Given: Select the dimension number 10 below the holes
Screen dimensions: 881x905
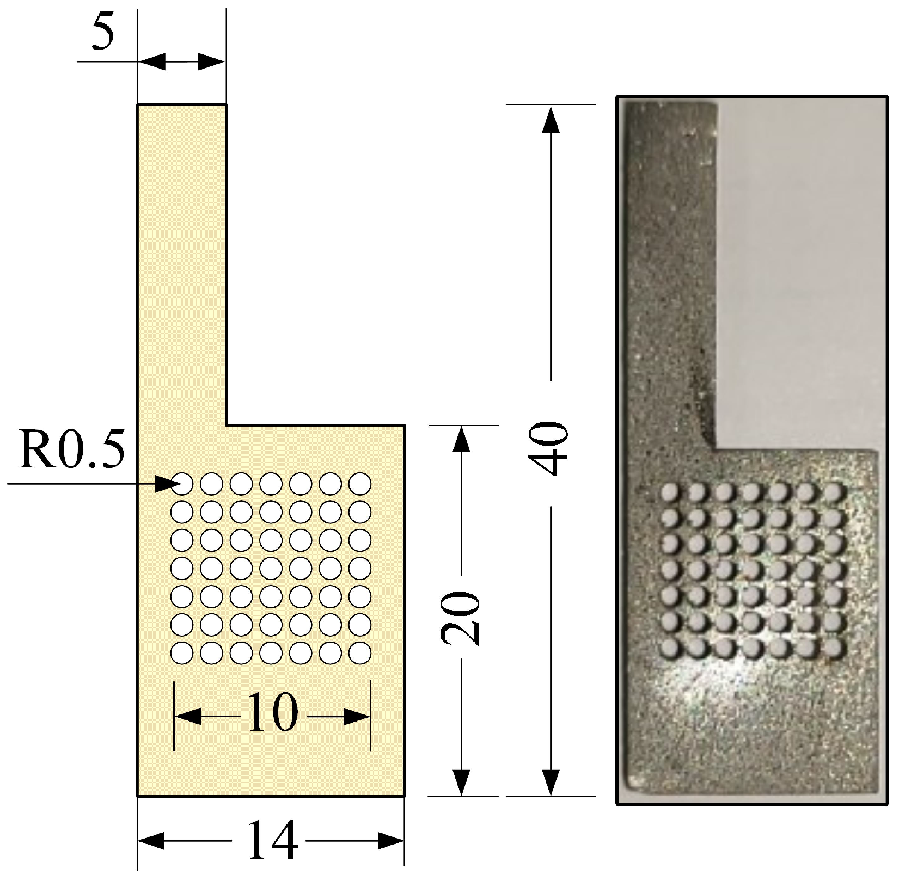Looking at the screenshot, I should click(272, 712).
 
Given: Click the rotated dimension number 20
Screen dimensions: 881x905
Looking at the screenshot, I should click(461, 617).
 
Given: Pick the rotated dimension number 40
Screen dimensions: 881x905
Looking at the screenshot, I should click(551, 447).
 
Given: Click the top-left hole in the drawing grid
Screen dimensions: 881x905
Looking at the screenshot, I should click(182, 483).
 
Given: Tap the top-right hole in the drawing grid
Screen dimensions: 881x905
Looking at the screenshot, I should click(360, 483).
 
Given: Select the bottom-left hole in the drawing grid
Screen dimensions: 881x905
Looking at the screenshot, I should click(182, 652).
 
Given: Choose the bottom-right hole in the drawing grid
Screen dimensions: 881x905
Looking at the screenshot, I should click(360, 652).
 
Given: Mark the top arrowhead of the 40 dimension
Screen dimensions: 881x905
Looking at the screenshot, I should click(551, 120).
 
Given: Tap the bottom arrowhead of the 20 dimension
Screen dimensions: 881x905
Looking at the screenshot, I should click(461, 783).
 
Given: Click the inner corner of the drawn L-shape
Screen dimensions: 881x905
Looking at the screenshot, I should click(226, 424).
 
